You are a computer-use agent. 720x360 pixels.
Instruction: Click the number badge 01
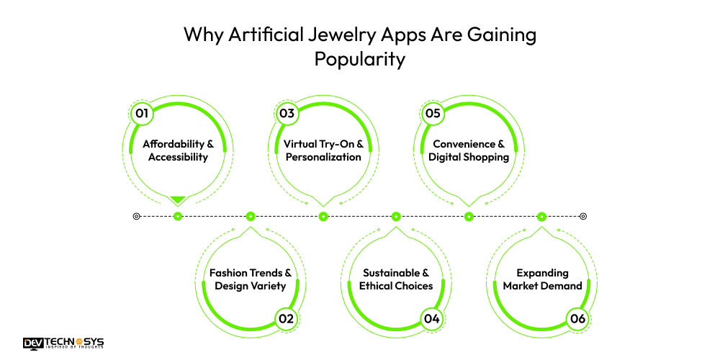point(142,113)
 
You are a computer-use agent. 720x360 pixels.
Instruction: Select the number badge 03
point(287,113)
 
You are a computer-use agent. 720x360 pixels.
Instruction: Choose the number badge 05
point(433,113)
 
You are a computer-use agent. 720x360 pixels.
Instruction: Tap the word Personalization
point(323,157)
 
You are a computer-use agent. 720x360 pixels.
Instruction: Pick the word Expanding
point(542,273)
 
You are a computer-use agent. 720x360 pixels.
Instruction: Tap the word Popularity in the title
point(360,59)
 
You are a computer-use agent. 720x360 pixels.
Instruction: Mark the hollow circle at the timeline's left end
point(137,216)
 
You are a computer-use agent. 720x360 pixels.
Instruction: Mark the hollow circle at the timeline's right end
point(583,216)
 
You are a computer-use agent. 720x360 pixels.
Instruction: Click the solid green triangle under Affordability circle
point(178,199)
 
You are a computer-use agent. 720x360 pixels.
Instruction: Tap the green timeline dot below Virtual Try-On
point(323,216)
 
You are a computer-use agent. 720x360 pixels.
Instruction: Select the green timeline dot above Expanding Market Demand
point(542,216)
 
